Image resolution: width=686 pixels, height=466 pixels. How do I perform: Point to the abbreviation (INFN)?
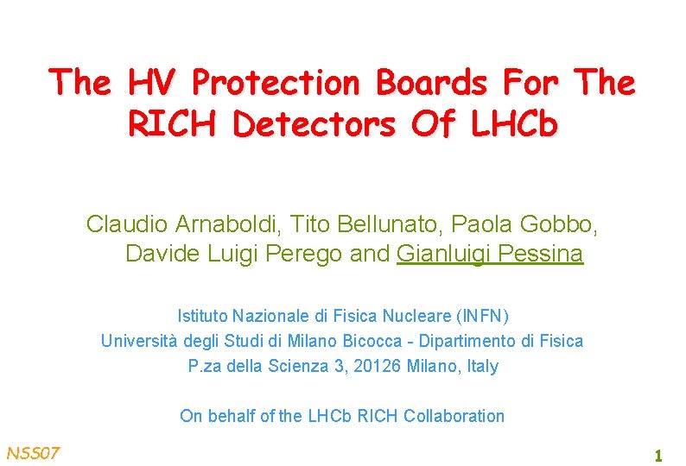480,315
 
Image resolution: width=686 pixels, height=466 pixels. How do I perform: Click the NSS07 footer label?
33,453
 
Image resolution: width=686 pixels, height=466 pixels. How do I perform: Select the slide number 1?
657,455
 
